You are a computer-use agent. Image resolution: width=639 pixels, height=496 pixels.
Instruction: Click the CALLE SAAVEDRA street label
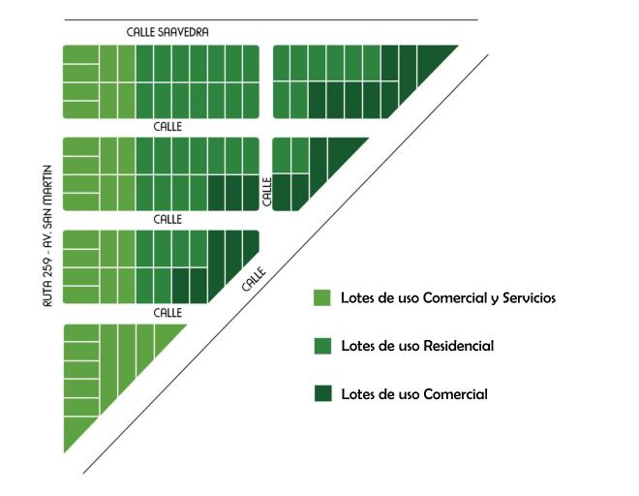167,32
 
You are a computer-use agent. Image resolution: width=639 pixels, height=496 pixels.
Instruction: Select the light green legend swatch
322,297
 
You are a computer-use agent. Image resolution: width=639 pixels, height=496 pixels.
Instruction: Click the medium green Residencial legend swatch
322,346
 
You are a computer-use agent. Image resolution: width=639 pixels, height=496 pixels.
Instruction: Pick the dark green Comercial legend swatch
322,393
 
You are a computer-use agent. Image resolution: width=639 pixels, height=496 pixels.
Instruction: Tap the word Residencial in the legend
459,346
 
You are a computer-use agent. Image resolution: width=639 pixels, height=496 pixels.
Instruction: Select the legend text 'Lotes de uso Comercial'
414,394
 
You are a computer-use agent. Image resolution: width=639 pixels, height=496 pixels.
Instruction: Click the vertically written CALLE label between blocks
267,192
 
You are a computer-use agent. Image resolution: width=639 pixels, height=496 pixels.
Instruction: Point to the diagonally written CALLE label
254,279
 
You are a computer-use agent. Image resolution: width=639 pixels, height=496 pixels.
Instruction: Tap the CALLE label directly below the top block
167,127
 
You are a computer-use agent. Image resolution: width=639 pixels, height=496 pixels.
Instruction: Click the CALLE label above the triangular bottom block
167,313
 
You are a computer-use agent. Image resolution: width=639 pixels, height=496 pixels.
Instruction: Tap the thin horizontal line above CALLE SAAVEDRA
271,19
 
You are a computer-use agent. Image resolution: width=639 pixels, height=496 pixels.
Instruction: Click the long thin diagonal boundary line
286,263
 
